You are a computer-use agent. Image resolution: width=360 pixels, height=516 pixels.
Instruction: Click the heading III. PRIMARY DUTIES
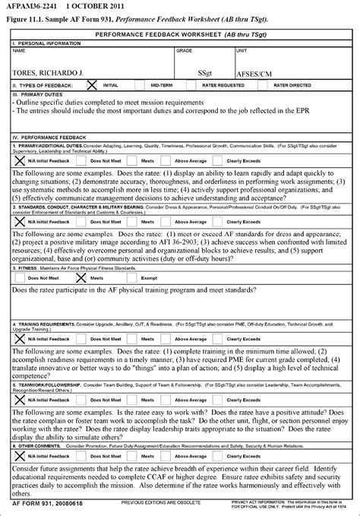coord(32,95)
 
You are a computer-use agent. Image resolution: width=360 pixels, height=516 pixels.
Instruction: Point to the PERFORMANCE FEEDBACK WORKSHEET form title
coord(180,36)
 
